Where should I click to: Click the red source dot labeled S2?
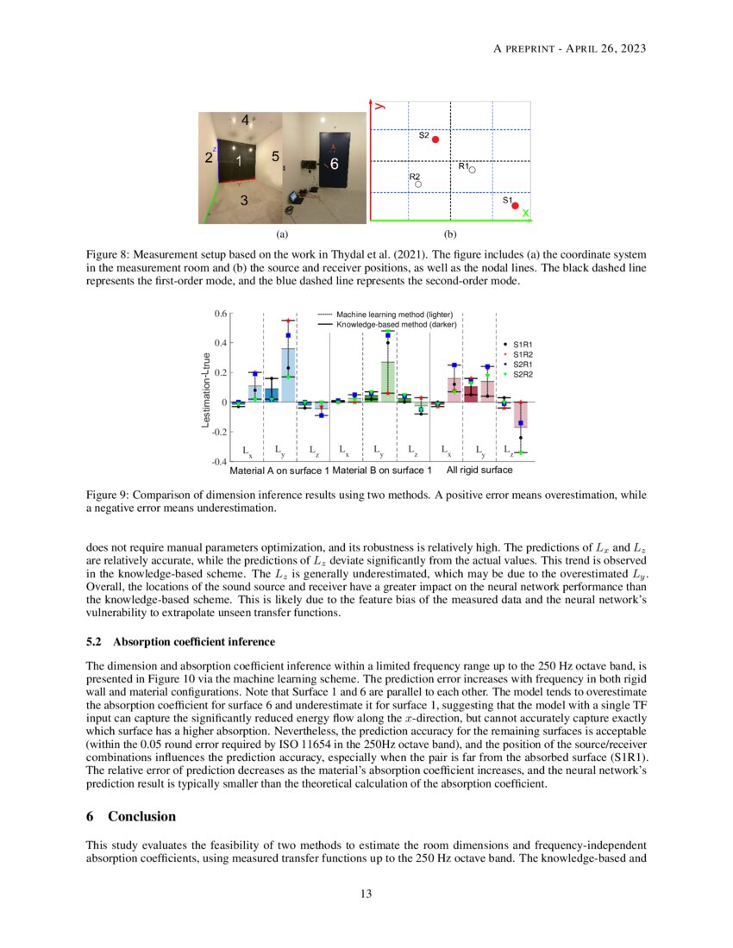point(435,140)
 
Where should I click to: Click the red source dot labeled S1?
point(515,205)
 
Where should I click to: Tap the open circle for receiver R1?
point(472,170)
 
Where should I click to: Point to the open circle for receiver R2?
point(417,184)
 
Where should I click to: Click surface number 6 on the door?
point(335,163)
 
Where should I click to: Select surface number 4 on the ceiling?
point(245,120)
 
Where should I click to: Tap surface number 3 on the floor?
point(244,200)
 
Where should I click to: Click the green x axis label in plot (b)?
point(525,212)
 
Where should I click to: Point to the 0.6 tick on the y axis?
point(221,314)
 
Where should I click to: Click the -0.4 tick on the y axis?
point(220,461)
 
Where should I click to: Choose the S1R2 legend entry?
point(522,354)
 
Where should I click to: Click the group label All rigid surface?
point(479,471)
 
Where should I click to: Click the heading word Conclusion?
point(141,816)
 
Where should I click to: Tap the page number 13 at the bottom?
point(366,894)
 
